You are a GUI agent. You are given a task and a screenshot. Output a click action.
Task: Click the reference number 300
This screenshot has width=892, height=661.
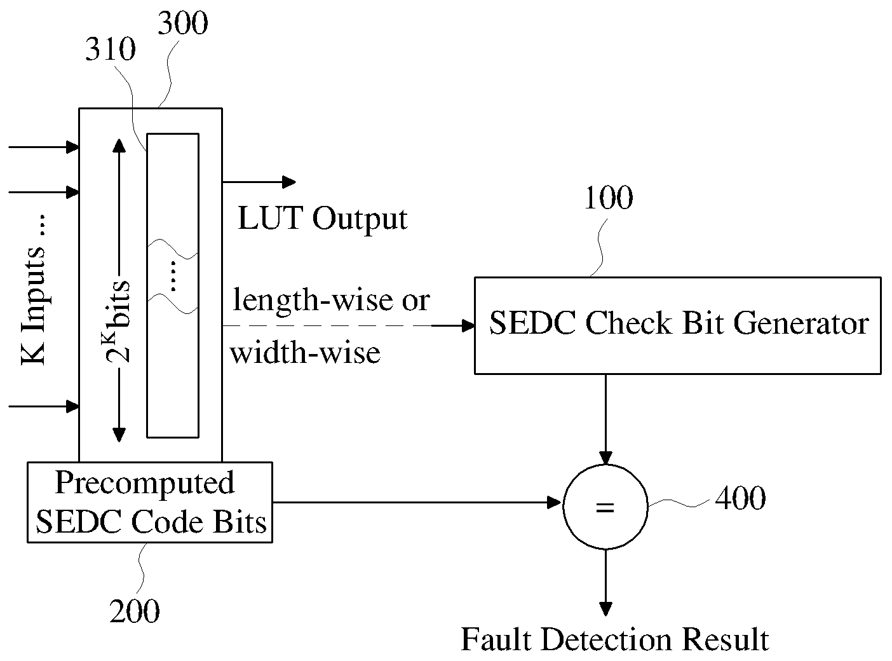coord(182,23)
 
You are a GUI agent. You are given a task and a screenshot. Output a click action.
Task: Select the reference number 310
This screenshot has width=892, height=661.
coord(111,49)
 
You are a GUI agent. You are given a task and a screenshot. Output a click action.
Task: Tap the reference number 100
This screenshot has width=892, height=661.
coord(609,198)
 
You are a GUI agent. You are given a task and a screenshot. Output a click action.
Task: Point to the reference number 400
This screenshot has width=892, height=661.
coord(740,498)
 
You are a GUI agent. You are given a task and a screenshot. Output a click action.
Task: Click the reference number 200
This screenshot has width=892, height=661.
coord(134,611)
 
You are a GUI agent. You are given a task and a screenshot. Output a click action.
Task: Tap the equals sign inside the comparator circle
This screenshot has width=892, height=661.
coord(605,507)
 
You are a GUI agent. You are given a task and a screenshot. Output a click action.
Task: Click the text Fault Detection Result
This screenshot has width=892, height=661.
coord(614,639)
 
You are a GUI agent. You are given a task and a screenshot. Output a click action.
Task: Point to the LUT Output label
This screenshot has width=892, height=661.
coord(323,219)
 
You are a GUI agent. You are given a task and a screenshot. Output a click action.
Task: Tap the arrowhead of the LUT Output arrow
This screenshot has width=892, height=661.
coord(288,182)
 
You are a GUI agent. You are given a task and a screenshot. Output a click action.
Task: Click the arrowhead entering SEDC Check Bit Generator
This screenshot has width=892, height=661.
coord(468,325)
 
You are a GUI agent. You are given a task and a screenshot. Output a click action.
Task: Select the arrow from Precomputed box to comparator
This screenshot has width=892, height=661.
coord(417,502)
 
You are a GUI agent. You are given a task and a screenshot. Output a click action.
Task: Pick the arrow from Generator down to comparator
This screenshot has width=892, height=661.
coord(605,419)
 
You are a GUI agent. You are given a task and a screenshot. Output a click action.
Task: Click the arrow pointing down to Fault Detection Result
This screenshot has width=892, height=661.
coord(605,582)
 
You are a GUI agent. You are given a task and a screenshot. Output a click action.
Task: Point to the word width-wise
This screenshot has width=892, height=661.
coord(305,352)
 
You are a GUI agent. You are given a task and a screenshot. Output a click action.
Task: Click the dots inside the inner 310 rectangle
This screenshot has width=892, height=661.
coord(173,276)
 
